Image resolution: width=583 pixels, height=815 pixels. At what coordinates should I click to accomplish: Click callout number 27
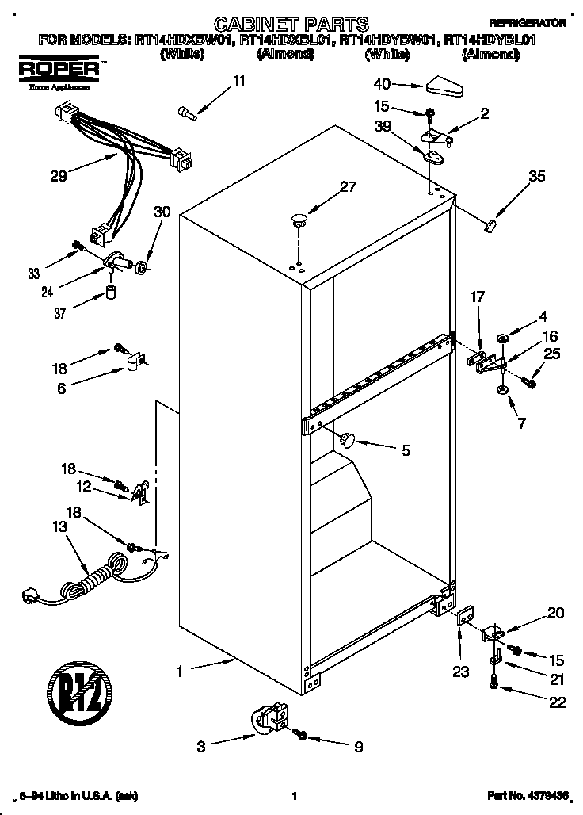click(349, 187)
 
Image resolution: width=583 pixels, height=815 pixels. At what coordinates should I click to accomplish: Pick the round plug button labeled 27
click(299, 218)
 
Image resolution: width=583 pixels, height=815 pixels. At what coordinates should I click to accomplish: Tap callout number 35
click(536, 177)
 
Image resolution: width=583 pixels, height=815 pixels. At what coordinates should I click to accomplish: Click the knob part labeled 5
click(349, 438)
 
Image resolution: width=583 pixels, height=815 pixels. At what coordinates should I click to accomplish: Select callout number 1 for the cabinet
click(180, 672)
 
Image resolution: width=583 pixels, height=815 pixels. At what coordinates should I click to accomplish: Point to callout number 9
click(358, 746)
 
